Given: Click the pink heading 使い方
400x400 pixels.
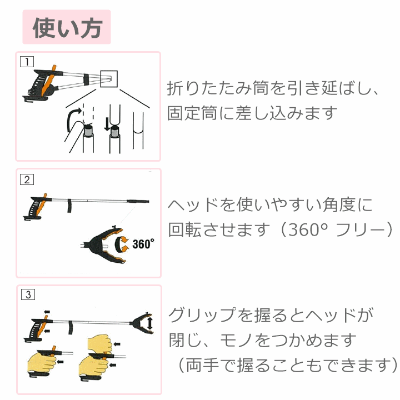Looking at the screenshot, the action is coord(67,28).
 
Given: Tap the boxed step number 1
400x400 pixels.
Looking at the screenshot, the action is coord(27,62).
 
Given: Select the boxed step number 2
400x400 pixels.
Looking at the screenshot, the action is coord(27,179).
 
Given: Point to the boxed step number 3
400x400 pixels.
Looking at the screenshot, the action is coord(28,294).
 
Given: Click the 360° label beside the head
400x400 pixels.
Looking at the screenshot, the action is coord(143,244).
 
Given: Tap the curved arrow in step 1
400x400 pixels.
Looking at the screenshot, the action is coord(73,119).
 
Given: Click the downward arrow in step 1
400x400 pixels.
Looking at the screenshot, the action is coord(107,124).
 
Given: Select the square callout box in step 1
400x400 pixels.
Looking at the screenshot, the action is coord(109,79).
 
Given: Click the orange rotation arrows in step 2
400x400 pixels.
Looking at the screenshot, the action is coord(121,244).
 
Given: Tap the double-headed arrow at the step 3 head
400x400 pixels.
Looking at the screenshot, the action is coord(150,323).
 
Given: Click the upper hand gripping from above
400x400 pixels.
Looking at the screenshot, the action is coord(100,344).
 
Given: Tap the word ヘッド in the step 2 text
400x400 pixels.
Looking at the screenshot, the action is coord(193,204).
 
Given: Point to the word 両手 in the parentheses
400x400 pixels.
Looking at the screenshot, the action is coord(202,366).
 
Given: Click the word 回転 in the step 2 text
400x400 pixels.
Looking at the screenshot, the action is coord(185,229).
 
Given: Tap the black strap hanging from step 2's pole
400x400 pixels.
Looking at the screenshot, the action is coord(69,206).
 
